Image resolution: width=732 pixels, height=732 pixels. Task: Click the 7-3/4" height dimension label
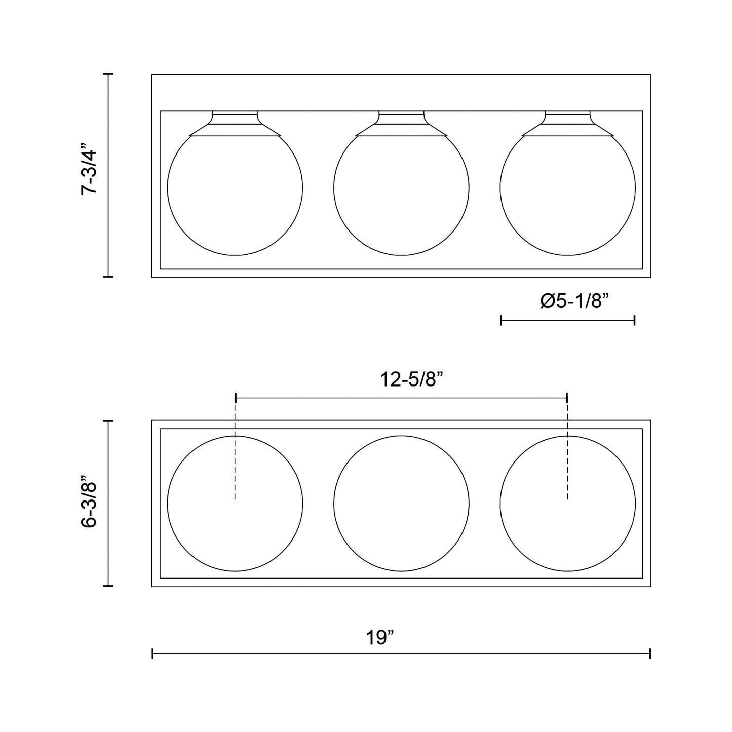pos(90,171)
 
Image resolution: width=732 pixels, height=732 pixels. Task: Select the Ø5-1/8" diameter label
pos(574,301)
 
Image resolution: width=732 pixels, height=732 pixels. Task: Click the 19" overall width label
pos(380,638)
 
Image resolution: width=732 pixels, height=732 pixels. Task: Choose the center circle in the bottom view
pos(401,503)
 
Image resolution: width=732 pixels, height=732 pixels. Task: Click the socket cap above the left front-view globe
pos(235,124)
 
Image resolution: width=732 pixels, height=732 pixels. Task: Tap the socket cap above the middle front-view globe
pos(401,124)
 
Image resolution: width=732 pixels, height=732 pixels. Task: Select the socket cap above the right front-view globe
pos(567,124)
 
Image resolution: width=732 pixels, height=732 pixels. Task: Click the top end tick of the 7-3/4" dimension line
pos(108,74)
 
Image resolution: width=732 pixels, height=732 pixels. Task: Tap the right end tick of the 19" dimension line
pos(650,654)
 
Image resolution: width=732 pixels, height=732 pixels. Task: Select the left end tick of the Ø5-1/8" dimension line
pos(501,320)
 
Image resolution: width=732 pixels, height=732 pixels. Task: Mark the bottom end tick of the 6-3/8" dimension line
pos(108,586)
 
